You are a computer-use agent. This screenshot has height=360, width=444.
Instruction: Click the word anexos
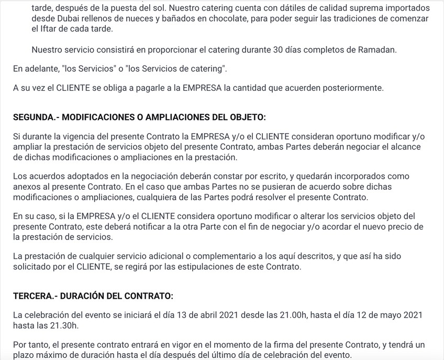coord(27,187)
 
